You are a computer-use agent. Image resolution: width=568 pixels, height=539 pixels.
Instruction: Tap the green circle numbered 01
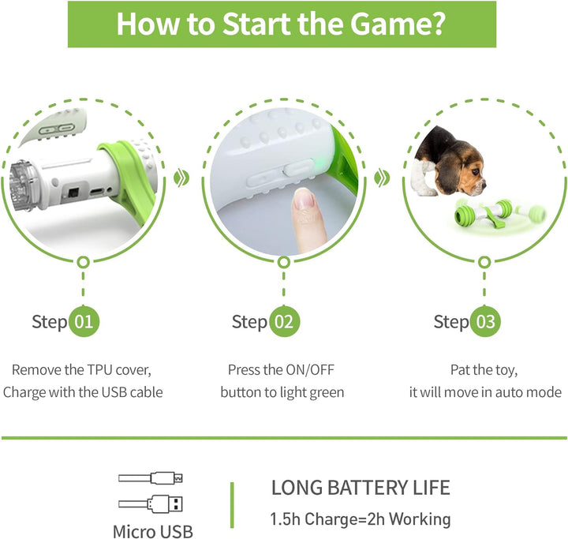tap(84, 321)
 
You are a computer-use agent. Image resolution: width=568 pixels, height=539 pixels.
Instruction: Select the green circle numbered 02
tap(284, 321)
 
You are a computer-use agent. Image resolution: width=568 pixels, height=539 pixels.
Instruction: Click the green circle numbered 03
tap(486, 321)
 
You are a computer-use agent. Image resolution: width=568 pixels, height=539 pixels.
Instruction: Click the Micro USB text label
tap(152, 531)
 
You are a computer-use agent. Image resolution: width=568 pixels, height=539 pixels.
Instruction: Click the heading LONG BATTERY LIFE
tap(361, 487)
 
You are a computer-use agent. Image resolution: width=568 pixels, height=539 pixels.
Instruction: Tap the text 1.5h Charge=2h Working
tap(361, 518)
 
